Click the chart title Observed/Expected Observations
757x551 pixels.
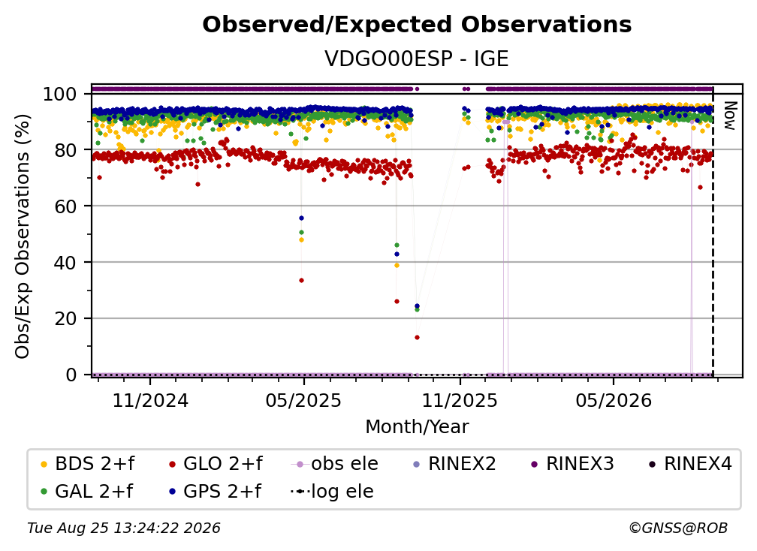(x=417, y=25)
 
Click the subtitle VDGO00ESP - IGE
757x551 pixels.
(x=417, y=59)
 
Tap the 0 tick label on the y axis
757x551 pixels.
(x=71, y=375)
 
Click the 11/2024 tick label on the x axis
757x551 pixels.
(x=150, y=400)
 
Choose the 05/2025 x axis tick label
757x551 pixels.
(x=303, y=400)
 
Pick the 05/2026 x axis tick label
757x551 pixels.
(x=613, y=400)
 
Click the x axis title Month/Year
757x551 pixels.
(x=417, y=426)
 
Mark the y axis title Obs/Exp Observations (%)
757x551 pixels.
(x=23, y=236)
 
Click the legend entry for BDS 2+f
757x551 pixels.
(x=88, y=464)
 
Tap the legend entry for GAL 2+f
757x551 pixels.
(x=87, y=491)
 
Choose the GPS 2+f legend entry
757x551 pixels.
(x=216, y=491)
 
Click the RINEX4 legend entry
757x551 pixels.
(x=691, y=464)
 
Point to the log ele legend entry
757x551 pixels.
(x=332, y=491)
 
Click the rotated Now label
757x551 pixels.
(x=730, y=116)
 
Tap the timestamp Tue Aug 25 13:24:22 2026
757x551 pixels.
(x=124, y=528)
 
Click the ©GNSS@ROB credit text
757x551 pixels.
(x=678, y=528)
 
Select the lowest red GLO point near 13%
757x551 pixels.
(x=417, y=337)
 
